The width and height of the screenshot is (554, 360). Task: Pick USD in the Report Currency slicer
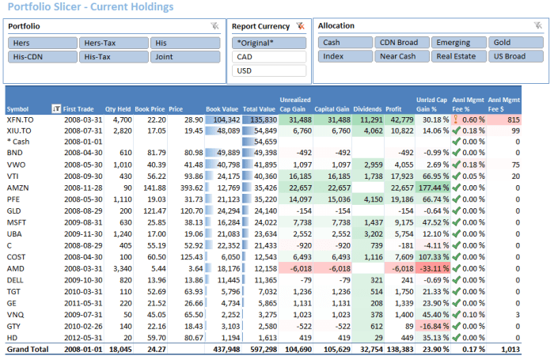click(x=268, y=71)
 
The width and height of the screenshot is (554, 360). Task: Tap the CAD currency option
click(x=268, y=57)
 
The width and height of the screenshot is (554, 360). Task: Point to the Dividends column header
click(x=366, y=109)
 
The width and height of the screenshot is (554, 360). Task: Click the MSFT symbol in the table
click(x=17, y=223)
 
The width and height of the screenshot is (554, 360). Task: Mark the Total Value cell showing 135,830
click(x=260, y=119)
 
